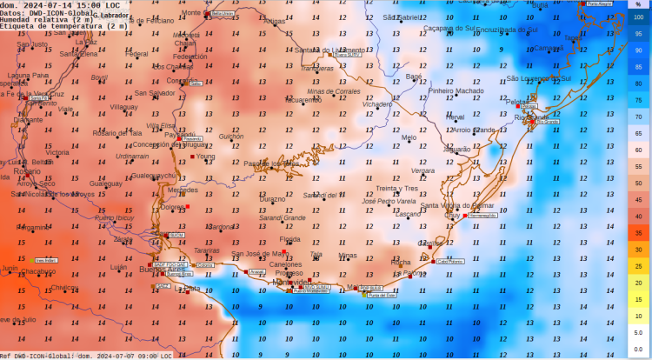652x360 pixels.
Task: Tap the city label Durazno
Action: click(273, 199)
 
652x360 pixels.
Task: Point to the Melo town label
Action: click(409, 137)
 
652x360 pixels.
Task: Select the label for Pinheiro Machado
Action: click(456, 90)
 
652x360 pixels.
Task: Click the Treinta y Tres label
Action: click(397, 188)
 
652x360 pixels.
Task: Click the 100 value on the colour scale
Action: click(638, 17)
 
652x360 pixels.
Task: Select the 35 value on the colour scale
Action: click(638, 233)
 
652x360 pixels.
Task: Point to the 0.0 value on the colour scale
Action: click(638, 349)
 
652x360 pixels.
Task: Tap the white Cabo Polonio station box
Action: click(449, 260)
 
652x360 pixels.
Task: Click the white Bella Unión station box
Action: click(222, 14)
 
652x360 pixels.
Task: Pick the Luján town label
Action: click(119, 267)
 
